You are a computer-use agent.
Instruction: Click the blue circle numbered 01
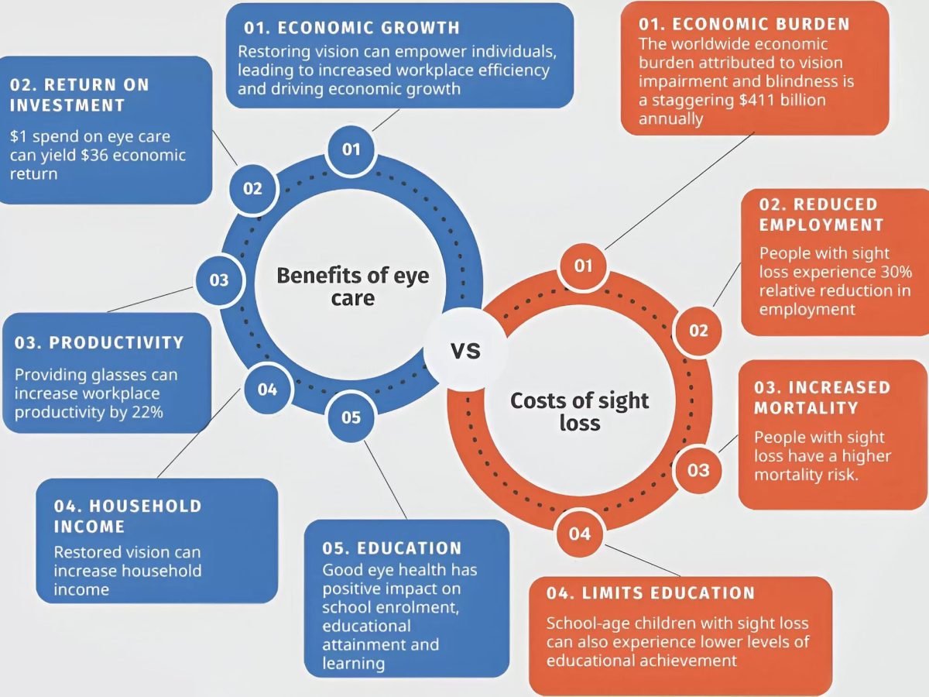(351, 149)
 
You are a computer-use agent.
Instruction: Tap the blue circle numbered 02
(253, 189)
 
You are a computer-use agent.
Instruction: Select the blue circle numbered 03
(219, 280)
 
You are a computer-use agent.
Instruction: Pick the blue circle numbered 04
(268, 390)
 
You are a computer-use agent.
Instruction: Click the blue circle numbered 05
(351, 417)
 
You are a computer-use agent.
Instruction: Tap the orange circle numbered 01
(583, 266)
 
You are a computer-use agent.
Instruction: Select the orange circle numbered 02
(698, 331)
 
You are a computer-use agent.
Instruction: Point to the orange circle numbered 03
(698, 470)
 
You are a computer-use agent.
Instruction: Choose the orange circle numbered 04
(579, 534)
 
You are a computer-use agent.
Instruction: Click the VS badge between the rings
(465, 349)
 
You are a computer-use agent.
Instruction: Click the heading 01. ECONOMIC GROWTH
(351, 28)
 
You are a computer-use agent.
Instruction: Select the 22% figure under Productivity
(147, 412)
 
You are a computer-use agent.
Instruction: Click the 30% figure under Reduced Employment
(896, 272)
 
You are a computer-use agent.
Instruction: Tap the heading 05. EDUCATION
(392, 548)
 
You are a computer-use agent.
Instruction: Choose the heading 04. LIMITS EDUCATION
(650, 593)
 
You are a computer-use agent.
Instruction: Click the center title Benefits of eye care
(353, 287)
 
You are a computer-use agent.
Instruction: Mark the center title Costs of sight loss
(580, 411)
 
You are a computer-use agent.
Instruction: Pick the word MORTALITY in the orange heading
(806, 408)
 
